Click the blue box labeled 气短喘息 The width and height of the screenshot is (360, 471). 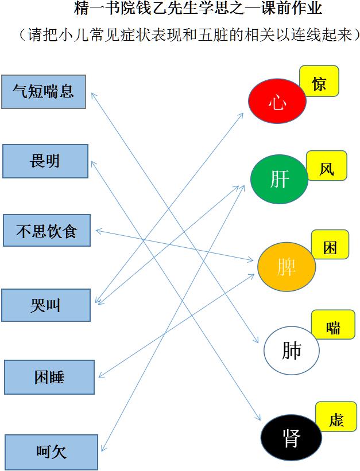click(x=44, y=92)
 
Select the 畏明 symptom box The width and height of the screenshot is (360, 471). click(x=45, y=161)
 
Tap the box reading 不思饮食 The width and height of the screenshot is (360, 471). click(x=47, y=231)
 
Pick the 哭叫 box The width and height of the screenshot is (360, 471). click(x=46, y=305)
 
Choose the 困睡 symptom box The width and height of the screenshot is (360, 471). click(x=49, y=377)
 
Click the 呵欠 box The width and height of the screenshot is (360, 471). click(x=51, y=452)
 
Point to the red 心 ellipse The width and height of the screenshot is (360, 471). click(x=277, y=101)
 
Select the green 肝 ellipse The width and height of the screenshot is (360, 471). click(x=280, y=179)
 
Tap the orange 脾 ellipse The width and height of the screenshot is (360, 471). click(x=287, y=267)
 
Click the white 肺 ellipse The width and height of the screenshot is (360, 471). click(x=292, y=351)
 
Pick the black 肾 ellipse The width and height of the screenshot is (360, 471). click(x=291, y=438)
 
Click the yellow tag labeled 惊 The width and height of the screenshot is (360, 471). click(x=319, y=81)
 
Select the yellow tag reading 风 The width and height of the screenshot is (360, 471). click(x=327, y=166)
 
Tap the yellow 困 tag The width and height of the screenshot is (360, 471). click(x=330, y=244)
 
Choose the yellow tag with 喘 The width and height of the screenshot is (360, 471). click(x=333, y=324)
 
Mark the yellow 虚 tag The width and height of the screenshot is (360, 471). click(x=336, y=416)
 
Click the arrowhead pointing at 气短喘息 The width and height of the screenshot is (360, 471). click(x=94, y=95)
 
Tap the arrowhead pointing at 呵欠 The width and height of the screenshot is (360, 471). click(x=103, y=449)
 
